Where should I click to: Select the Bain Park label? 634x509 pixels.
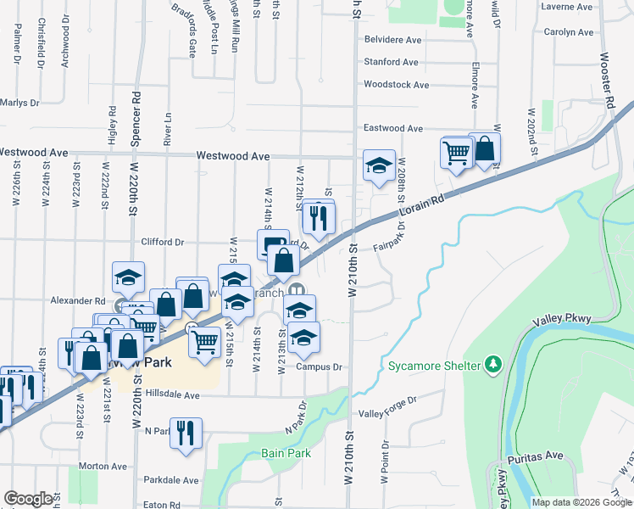286,453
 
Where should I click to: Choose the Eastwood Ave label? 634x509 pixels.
392,128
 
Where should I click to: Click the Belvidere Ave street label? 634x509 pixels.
392,40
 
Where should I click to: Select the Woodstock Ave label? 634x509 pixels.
396,85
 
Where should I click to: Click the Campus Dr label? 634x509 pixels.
319,367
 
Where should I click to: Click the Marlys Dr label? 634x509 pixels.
20,103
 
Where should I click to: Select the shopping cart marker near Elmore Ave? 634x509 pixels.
456,153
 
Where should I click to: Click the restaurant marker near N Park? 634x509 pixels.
185,433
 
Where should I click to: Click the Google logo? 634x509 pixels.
28,499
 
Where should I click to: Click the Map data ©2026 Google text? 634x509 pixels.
581,502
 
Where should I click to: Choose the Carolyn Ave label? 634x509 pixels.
569,32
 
